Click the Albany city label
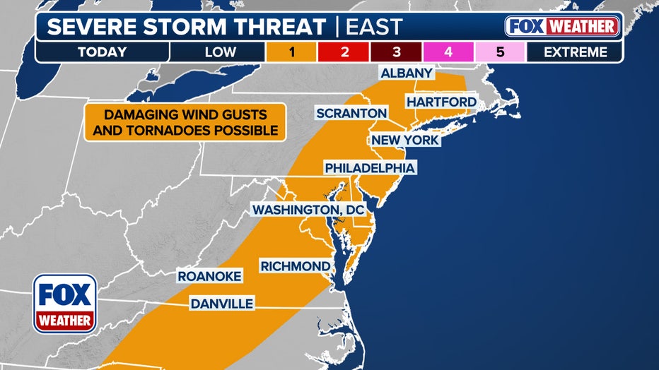click(x=407, y=73)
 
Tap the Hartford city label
click(x=441, y=102)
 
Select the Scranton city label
click(x=351, y=113)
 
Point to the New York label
click(x=406, y=140)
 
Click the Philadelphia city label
click(x=369, y=167)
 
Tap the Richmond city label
click(x=295, y=266)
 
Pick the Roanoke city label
click(x=209, y=276)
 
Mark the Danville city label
click(x=221, y=304)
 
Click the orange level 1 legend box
click(x=291, y=52)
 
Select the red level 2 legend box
click(x=344, y=52)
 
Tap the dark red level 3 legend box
click(x=397, y=52)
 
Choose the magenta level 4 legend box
click(x=449, y=52)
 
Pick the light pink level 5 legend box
click(x=501, y=52)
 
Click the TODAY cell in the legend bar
click(x=103, y=52)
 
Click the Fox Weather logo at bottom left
click(x=65, y=303)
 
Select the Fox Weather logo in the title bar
click(x=562, y=27)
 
